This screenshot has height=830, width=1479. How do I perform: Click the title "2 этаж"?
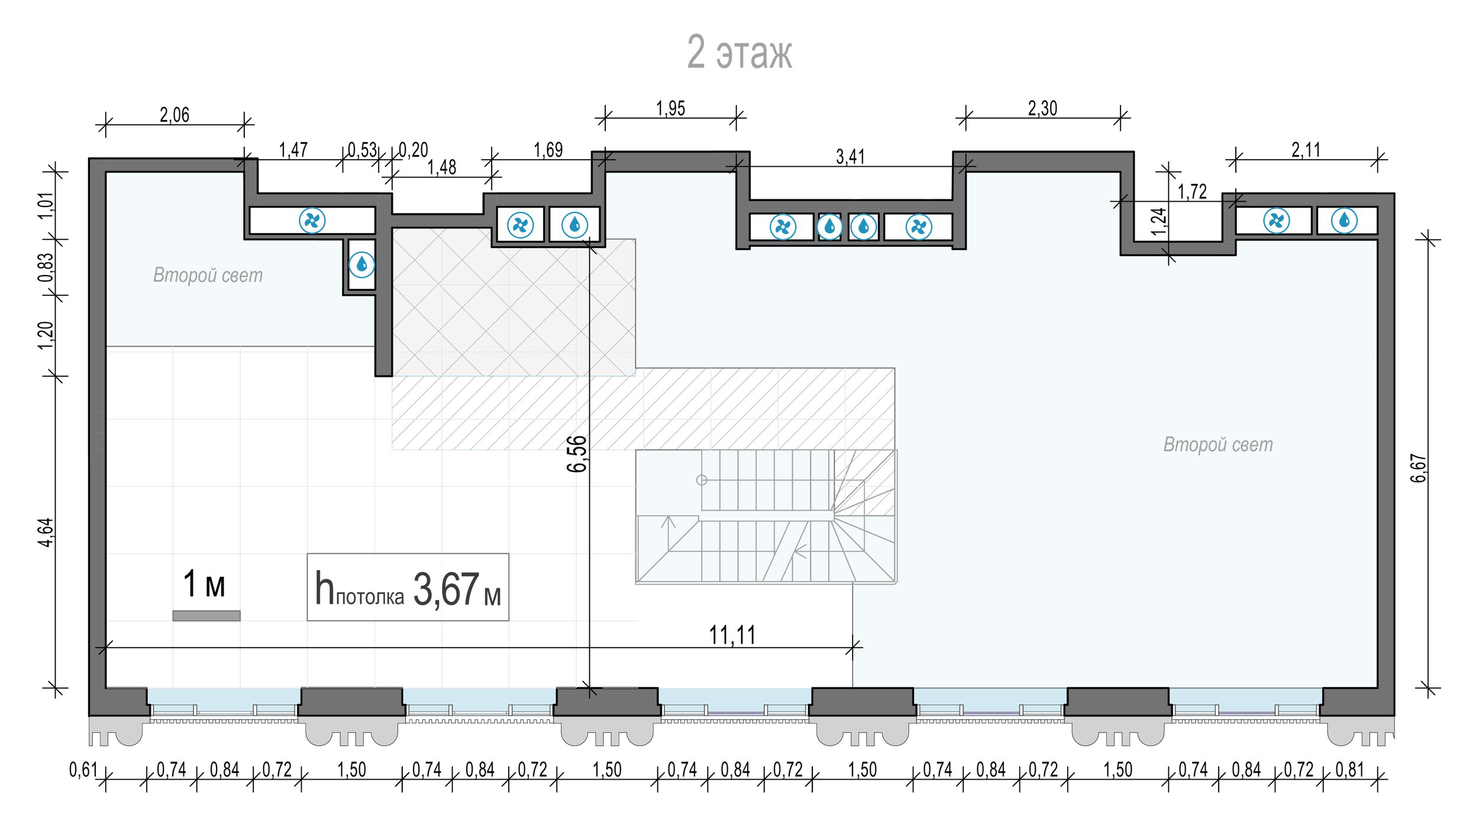pyautogui.click(x=739, y=52)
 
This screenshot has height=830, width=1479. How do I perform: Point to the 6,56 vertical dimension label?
pyautogui.click(x=577, y=454)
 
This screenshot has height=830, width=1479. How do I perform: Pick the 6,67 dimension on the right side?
pyautogui.click(x=1419, y=469)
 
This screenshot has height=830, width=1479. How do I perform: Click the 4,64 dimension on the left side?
pyautogui.click(x=46, y=532)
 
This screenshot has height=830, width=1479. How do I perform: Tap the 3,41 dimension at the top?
pyautogui.click(x=850, y=157)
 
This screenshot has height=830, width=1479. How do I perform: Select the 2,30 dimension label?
pyautogui.click(x=1042, y=108)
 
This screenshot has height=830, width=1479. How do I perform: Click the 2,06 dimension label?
pyautogui.click(x=175, y=115)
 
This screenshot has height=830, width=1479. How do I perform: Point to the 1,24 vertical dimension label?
pyautogui.click(x=1159, y=221)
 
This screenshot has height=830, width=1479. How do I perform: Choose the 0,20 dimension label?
pyautogui.click(x=413, y=150)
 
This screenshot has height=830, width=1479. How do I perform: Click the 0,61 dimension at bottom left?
pyautogui.click(x=83, y=770)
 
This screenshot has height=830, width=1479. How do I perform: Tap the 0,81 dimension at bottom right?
pyautogui.click(x=1350, y=770)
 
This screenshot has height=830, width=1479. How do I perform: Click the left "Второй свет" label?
pyautogui.click(x=208, y=275)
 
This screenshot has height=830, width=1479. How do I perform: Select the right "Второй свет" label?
pyautogui.click(x=1218, y=444)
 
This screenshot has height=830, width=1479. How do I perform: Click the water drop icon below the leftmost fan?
pyautogui.click(x=362, y=264)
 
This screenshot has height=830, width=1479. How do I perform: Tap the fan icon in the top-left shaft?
pyautogui.click(x=312, y=221)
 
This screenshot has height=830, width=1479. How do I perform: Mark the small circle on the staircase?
pyautogui.click(x=702, y=480)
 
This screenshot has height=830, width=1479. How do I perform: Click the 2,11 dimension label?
pyautogui.click(x=1306, y=150)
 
